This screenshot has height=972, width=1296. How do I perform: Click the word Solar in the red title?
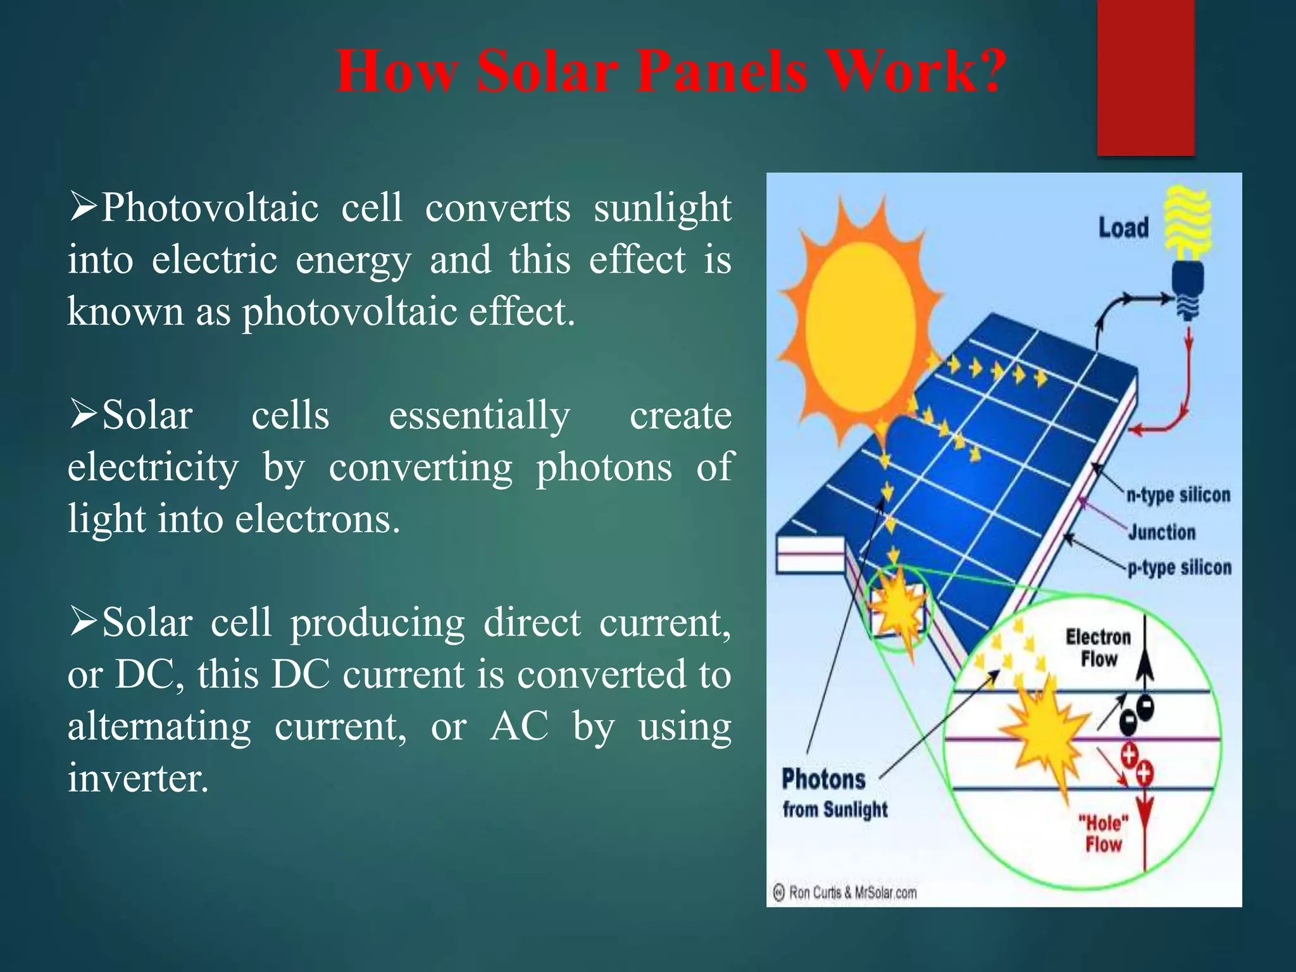[546, 71]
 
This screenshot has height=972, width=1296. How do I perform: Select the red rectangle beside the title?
[1145, 77]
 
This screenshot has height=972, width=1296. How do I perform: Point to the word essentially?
[479, 416]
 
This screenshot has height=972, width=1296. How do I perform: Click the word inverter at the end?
[137, 778]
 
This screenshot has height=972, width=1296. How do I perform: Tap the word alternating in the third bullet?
[159, 726]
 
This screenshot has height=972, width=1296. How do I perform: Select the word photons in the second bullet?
[604, 468]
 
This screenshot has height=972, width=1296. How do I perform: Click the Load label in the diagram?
[1123, 228]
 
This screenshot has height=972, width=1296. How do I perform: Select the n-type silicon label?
[1178, 494]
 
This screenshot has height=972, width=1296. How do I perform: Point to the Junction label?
[1162, 532]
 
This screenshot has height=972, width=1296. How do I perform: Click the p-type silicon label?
[1180, 568]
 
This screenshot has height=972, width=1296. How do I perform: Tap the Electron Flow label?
[1098, 647]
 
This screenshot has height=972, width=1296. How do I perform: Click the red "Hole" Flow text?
[1104, 833]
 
